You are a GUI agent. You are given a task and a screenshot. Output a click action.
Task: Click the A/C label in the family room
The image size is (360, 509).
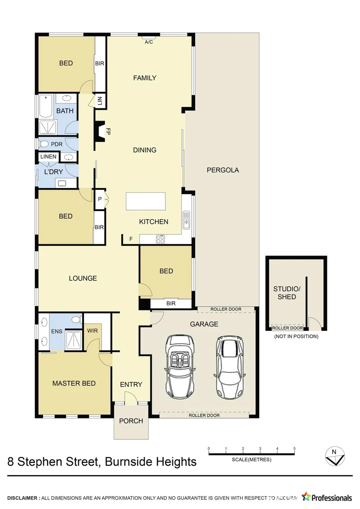pos(149,42)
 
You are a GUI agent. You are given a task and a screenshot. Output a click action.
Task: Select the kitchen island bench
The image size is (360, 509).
pos(146,201)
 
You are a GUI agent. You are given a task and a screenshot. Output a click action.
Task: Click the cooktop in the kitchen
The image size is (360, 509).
pos(160,239)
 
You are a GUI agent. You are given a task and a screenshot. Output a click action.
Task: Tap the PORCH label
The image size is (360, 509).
pos(131,420)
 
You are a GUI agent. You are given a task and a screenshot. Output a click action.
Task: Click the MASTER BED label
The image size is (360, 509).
pos(74,383)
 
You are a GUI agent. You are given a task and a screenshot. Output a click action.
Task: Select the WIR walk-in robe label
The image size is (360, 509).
pos(92,331)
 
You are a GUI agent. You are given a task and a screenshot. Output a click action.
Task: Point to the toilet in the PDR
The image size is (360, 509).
pos(45,144)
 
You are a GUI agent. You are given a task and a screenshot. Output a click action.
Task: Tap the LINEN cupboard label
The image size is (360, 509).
pos(48,156)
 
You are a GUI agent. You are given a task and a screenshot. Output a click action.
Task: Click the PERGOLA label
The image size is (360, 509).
pos(223,170)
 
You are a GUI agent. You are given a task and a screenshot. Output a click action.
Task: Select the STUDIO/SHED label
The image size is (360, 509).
pos(286,293)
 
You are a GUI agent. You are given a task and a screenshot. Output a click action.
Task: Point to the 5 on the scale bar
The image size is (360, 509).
pos(295,449)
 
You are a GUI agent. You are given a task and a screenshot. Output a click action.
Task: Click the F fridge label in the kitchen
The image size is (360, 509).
pos(131,239)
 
